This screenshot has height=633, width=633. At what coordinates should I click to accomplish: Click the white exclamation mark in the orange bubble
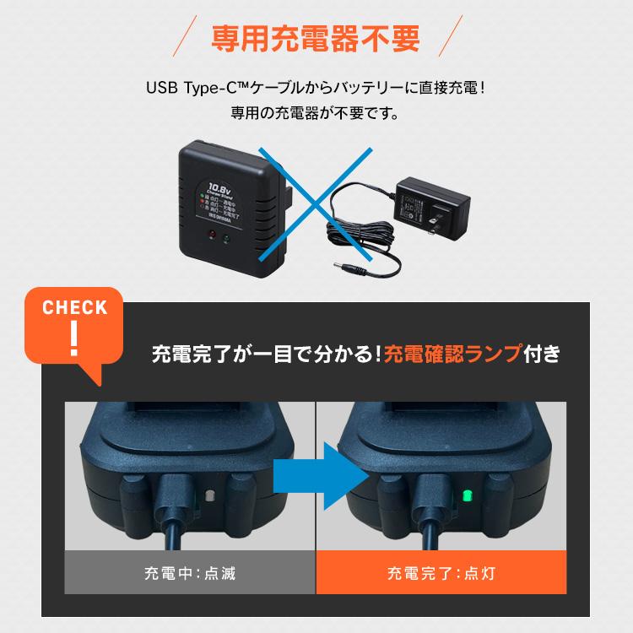[x=75, y=333]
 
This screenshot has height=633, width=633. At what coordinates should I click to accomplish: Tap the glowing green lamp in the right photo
[x=465, y=495]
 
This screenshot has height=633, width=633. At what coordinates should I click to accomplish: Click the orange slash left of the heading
[x=182, y=40]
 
